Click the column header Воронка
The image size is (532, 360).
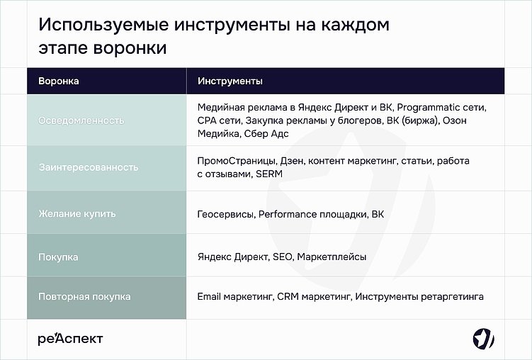58,81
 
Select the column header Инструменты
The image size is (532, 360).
230,81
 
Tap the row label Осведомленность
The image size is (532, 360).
81,120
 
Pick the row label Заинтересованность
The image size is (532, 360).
88,167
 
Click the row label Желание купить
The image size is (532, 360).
77,213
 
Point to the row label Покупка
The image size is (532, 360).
58,257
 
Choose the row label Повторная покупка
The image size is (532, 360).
84,296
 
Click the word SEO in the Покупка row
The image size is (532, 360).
282,257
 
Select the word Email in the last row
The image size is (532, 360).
210,296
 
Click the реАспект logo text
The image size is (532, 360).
70,339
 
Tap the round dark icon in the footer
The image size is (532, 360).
483,339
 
